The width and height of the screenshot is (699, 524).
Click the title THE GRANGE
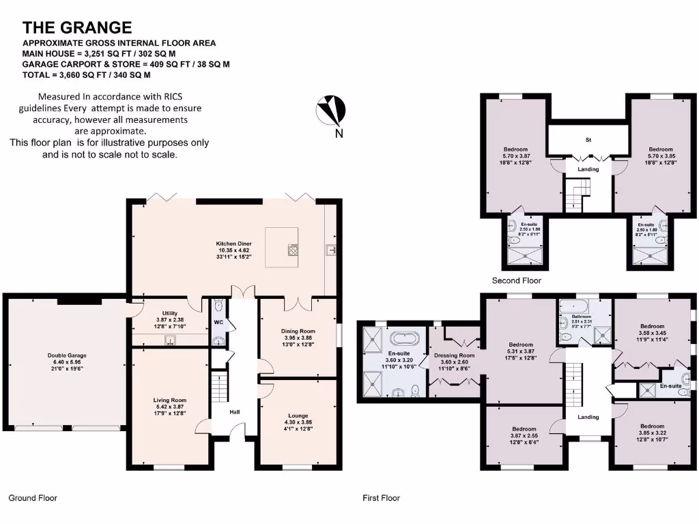(x=77, y=27)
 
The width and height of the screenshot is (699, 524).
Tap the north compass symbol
(x=331, y=109)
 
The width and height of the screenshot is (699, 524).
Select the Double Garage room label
(x=67, y=355)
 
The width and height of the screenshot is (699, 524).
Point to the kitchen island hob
(x=293, y=250)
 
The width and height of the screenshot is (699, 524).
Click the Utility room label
(x=169, y=313)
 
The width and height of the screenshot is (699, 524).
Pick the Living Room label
(x=169, y=401)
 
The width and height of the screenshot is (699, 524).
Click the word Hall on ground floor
(x=234, y=412)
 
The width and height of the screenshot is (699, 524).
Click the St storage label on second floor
(x=588, y=139)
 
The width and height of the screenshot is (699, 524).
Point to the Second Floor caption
(x=517, y=280)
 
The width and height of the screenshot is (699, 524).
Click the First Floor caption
(x=381, y=498)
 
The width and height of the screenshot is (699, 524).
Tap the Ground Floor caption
(x=33, y=498)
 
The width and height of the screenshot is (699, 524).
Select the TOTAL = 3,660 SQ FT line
(x=87, y=74)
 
